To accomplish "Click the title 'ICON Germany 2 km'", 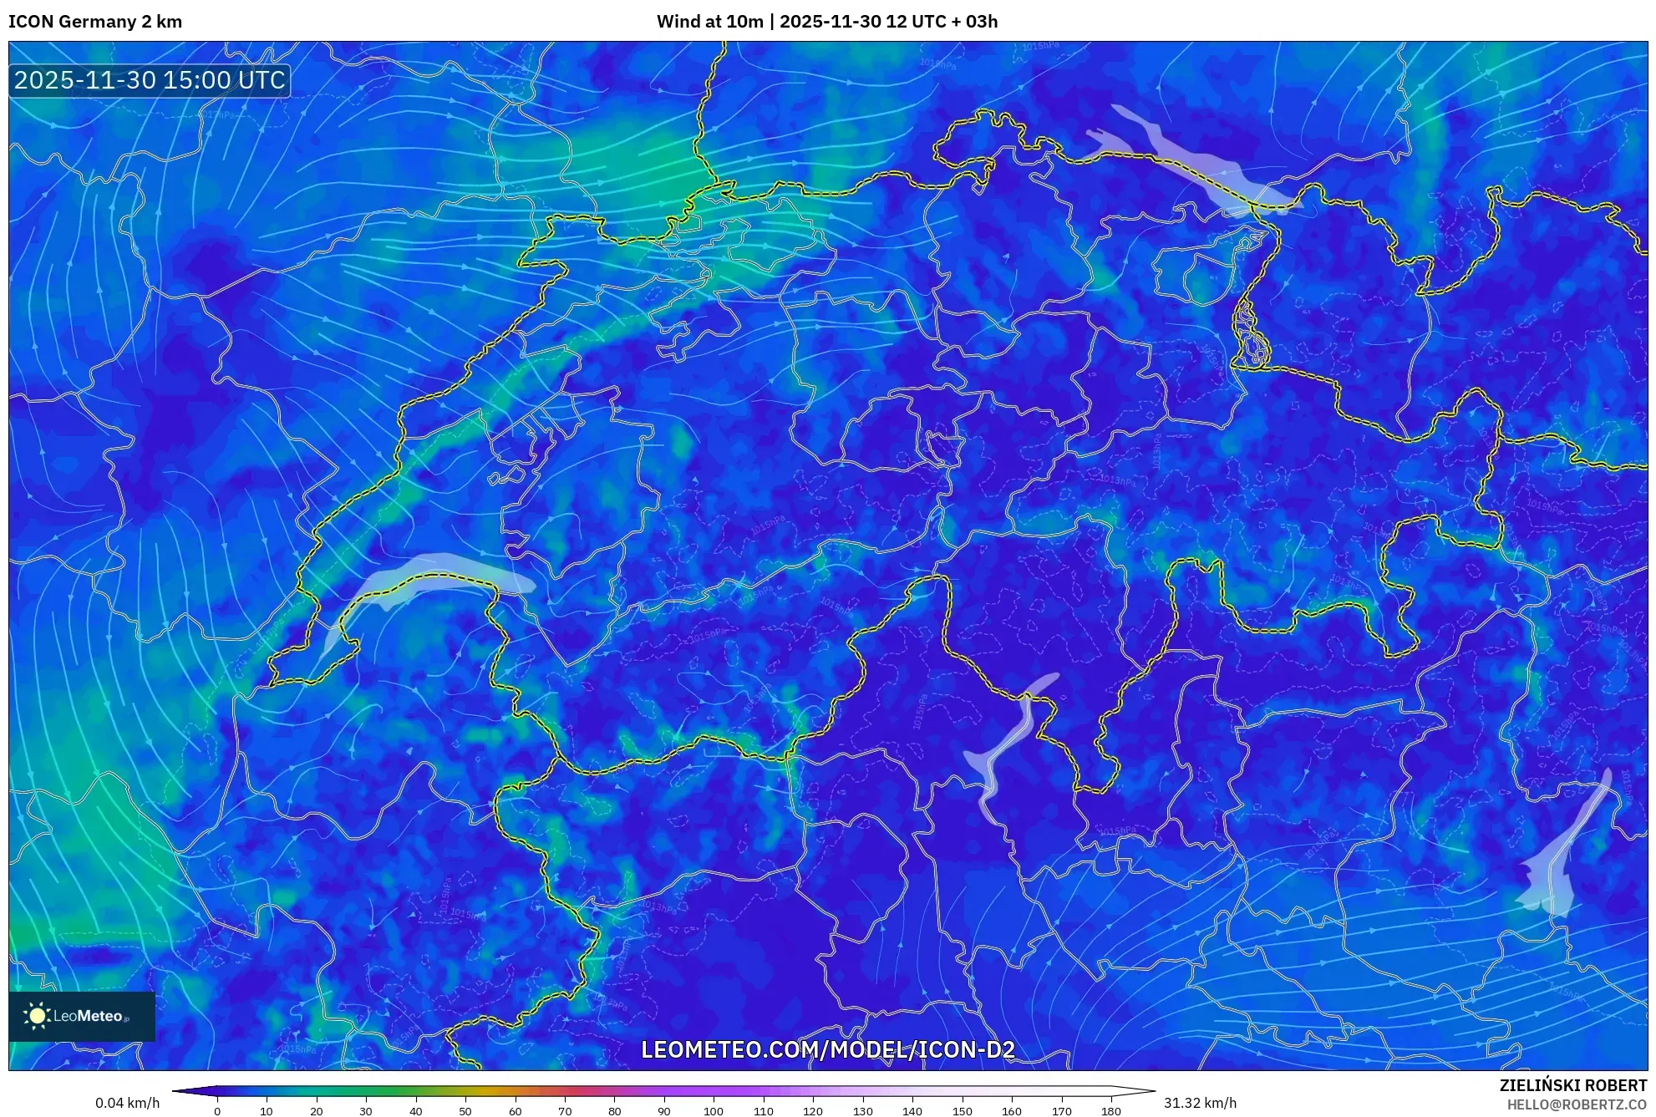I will [x=95, y=22].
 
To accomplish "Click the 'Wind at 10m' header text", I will [x=709, y=22].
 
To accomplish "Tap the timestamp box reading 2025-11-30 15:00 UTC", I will [x=150, y=80].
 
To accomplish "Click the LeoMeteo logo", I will [x=82, y=1016].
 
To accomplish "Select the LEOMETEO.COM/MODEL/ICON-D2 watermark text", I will [x=827, y=1049].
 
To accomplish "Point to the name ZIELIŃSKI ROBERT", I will [x=1572, y=1085].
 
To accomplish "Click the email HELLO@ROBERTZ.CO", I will [x=1577, y=1104].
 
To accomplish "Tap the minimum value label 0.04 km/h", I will [x=127, y=1103].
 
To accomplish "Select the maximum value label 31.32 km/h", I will [x=1200, y=1103].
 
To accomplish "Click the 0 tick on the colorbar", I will [x=217, y=1111].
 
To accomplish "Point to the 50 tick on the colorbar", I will [x=465, y=1111].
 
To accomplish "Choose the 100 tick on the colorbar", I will [x=714, y=1111].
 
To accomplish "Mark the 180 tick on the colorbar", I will [x=1110, y=1111].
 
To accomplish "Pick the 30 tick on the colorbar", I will [x=366, y=1111].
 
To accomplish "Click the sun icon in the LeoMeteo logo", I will [x=37, y=1016].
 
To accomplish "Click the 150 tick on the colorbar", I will [x=962, y=1111].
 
